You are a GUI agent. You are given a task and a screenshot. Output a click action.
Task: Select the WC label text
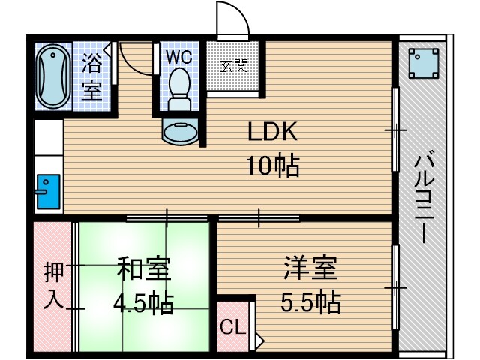point(178,57)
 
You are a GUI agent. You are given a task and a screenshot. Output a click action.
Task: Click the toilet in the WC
point(179,85)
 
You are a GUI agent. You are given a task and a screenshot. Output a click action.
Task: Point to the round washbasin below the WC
point(179,132)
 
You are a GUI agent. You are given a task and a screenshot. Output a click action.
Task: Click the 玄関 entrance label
point(233,65)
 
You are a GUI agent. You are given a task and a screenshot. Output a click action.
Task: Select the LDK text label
point(274,133)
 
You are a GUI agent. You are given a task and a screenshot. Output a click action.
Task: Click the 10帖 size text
point(274,164)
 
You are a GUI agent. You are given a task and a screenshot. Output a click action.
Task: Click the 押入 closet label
point(52,284)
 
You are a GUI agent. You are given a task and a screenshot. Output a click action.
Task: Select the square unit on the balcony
point(424,64)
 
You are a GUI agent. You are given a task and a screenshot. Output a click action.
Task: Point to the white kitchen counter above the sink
point(47,146)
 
